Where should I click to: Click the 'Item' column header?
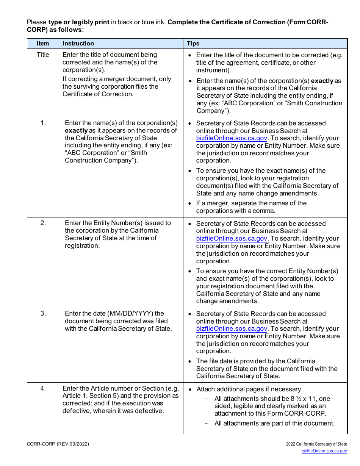tap(43, 44)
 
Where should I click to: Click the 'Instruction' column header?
tap(78, 44)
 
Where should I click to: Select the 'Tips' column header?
tap(193, 44)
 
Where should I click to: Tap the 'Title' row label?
tap(43, 55)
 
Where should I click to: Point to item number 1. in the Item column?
tap(43, 123)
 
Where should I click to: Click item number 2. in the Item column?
tap(43, 223)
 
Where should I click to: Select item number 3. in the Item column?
tap(43, 313)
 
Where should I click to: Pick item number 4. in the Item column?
tap(43, 388)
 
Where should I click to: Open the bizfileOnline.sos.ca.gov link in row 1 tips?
tap(232, 138)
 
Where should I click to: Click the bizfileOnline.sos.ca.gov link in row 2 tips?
tap(232, 238)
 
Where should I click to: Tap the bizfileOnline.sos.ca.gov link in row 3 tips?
tap(232, 329)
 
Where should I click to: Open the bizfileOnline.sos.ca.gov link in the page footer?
tap(324, 451)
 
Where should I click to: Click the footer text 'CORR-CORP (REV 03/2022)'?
tap(58, 444)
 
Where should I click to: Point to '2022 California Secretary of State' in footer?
tap(316, 444)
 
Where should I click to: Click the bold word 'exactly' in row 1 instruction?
tap(76, 130)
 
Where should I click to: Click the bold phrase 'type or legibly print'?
tap(79, 22)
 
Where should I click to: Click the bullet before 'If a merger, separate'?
tap(190, 203)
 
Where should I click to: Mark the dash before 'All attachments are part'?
tap(206, 424)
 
